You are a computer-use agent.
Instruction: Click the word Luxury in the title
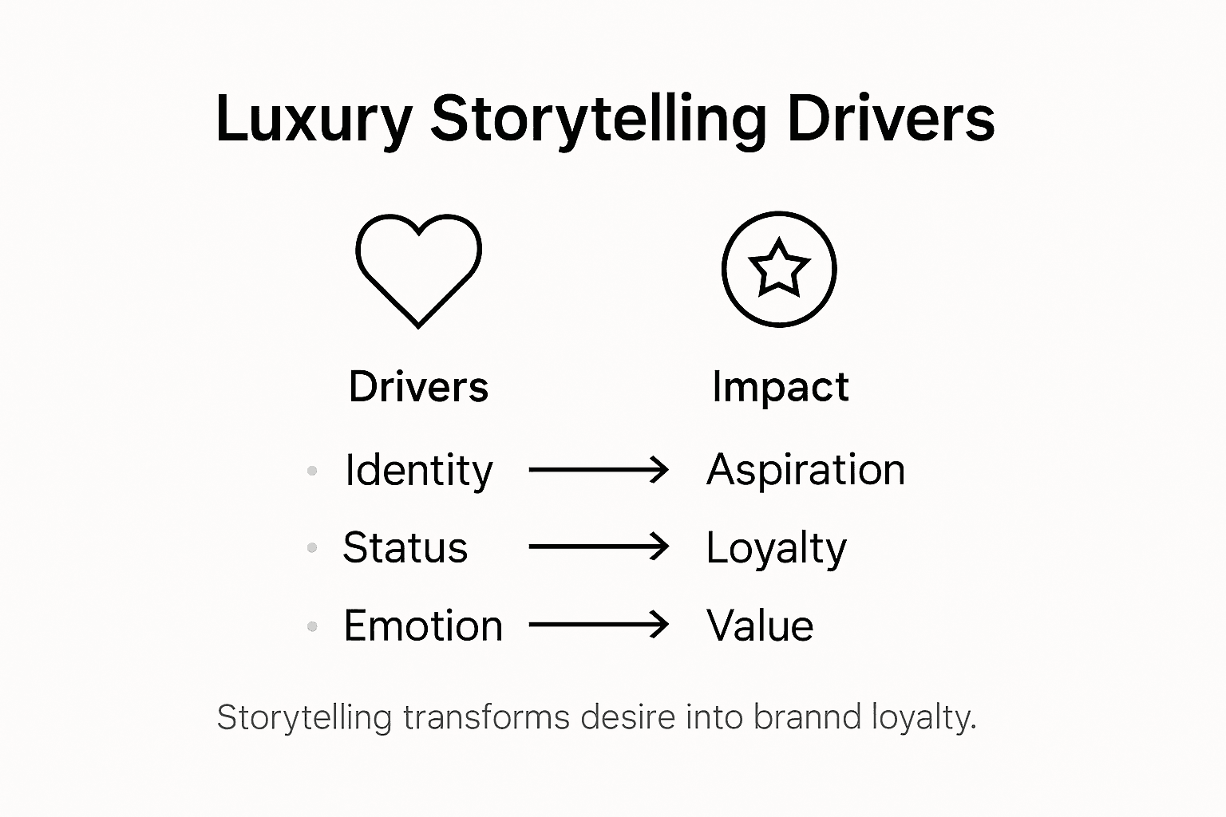[x=313, y=120]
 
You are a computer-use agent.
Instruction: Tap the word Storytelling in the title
[x=599, y=120]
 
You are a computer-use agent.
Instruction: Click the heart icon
[x=418, y=269]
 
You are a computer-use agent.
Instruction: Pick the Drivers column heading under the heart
[x=418, y=387]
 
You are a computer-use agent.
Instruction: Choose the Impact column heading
[x=780, y=387]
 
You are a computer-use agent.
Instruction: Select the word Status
[x=405, y=547]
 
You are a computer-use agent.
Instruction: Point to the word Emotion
[x=423, y=626]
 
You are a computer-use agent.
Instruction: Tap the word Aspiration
[x=805, y=469]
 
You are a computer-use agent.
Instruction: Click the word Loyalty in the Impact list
[x=776, y=548]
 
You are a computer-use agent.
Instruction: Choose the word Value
[x=760, y=626]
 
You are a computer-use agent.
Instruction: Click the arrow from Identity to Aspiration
[x=599, y=469]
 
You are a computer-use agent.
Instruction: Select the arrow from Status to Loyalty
[x=599, y=547]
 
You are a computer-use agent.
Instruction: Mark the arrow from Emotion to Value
[x=599, y=625]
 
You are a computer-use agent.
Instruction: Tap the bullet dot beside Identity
[x=312, y=471]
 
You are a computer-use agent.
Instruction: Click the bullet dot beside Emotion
[x=312, y=627]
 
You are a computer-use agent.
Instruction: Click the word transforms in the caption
[x=486, y=717]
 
